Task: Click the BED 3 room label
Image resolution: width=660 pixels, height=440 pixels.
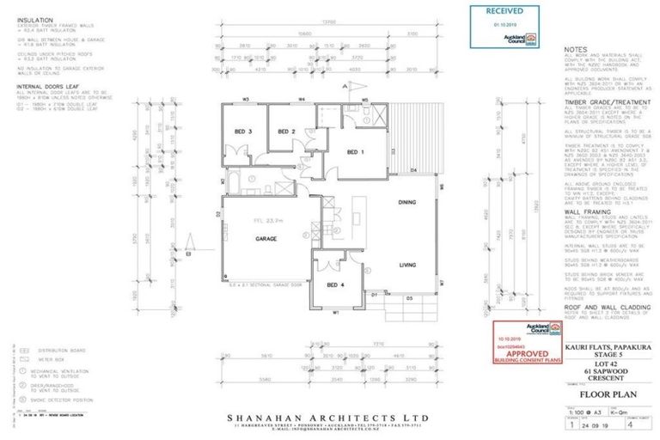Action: (243, 131)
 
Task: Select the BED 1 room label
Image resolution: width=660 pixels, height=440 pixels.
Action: (356, 153)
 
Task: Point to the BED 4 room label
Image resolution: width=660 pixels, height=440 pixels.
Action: (335, 286)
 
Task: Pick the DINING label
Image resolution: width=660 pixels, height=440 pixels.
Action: (407, 202)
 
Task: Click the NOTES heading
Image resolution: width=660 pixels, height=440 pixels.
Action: (577, 50)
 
